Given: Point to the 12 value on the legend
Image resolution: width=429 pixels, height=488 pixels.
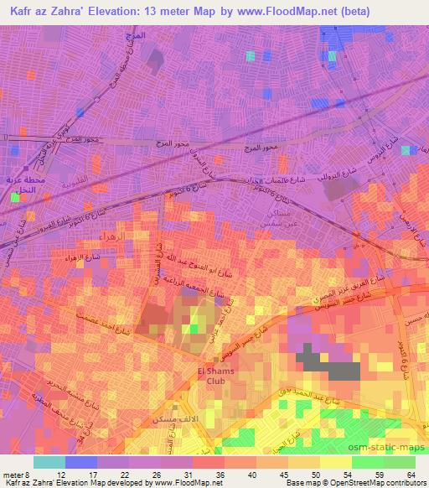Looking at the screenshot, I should [x=60, y=475].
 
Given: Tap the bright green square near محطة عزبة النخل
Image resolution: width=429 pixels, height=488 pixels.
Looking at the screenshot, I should [x=14, y=199].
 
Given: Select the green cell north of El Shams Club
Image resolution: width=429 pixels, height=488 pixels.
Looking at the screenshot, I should [x=194, y=328].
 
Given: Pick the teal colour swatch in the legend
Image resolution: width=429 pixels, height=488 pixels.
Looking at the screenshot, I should [x=49, y=462].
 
